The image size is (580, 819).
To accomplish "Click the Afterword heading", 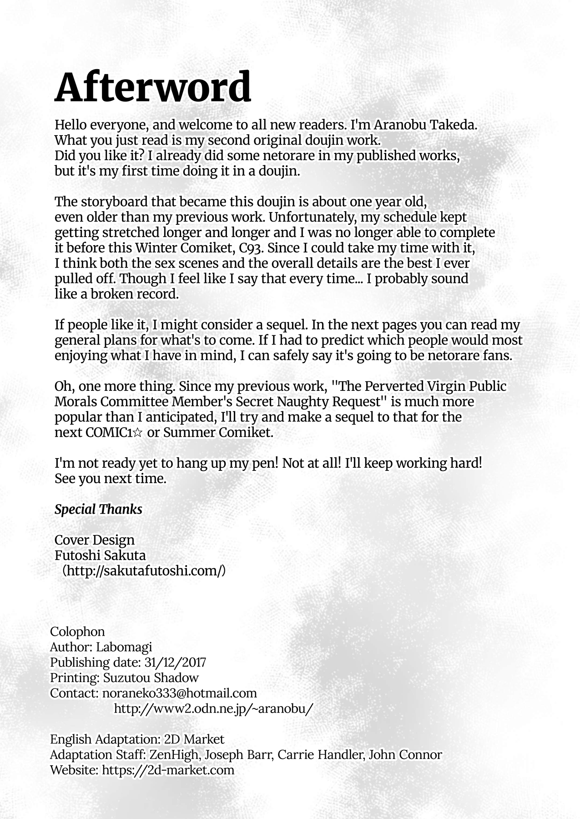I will tap(153, 87).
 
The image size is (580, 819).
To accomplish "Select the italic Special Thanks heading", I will tap(98, 509).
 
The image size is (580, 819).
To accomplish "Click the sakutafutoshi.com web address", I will tap(144, 571).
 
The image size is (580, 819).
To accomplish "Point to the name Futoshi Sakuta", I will tap(100, 555).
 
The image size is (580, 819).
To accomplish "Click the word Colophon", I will tap(77, 632).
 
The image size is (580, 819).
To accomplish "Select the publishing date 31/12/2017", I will tap(175, 662).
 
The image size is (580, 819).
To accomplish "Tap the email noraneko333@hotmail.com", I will tap(180, 693).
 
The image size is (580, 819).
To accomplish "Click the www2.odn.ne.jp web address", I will tap(213, 708).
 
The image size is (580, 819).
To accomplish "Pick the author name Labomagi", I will tap(124, 647).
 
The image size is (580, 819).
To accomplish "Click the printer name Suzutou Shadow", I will tap(151, 678).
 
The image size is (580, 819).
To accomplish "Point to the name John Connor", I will tap(405, 755).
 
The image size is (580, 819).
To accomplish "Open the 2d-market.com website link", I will tap(168, 770).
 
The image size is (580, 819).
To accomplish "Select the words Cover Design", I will tap(95, 540).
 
